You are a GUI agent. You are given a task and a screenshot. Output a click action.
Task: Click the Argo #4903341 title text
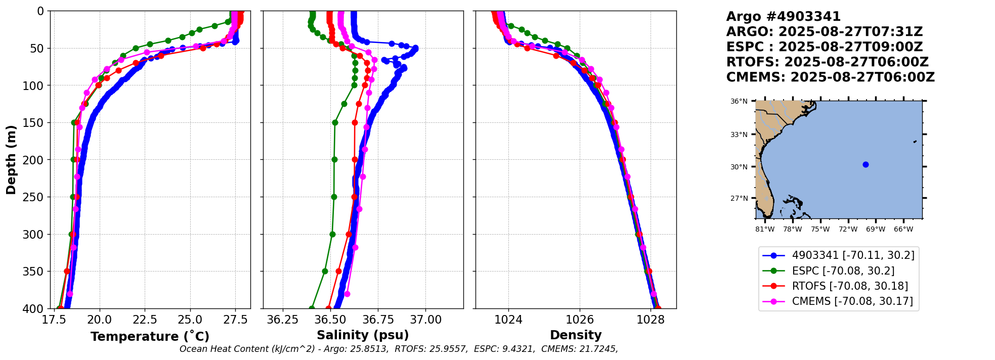coord(783,17)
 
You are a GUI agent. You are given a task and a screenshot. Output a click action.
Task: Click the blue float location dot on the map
coord(866,164)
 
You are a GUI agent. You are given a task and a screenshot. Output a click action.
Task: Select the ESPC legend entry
coord(843,271)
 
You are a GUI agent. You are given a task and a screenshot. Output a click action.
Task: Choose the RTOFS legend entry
coord(850,286)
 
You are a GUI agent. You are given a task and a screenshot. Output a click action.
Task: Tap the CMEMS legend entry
coord(852,301)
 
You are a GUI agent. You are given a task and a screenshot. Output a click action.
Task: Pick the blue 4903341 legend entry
coord(853,255)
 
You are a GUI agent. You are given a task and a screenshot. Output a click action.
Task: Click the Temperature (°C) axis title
coord(150,336)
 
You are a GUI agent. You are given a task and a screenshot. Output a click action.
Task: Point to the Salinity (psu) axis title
coord(363,335)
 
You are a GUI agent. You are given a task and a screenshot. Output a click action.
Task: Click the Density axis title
coord(576,335)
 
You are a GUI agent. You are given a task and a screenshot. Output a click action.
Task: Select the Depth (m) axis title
coord(11,160)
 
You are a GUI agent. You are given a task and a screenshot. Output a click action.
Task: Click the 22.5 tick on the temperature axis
coord(145,320)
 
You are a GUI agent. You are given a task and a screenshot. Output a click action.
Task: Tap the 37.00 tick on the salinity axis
coord(426,320)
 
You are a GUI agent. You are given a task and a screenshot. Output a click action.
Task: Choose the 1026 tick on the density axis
coord(579,320)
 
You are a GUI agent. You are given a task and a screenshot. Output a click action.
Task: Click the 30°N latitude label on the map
coord(739,167)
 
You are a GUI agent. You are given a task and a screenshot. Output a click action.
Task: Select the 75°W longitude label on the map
coord(820,230)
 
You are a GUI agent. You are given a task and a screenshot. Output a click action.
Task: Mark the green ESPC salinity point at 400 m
coord(312,308)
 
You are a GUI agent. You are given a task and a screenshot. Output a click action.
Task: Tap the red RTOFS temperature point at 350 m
coord(67,272)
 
